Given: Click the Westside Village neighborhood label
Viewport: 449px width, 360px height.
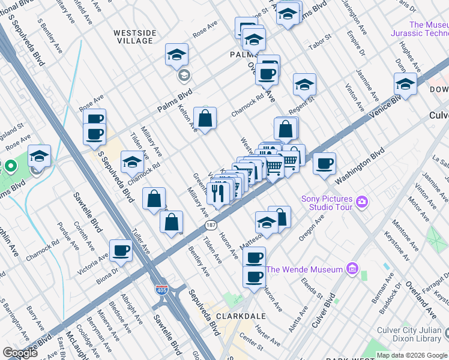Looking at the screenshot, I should point(136,36).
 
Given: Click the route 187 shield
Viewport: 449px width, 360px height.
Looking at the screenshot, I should point(210,225).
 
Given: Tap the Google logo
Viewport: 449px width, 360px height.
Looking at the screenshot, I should point(20,353).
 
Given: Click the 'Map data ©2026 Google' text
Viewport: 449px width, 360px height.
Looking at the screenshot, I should point(411,355).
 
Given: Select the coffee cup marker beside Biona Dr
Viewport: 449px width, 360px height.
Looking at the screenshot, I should point(121,251).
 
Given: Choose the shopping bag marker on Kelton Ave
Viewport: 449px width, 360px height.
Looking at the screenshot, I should point(205,119).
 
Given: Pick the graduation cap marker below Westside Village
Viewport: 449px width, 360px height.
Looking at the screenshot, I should point(177,55).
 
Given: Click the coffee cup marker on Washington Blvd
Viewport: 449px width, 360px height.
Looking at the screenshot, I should point(324,164).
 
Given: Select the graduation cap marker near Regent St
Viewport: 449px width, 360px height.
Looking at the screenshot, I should point(304,85).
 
